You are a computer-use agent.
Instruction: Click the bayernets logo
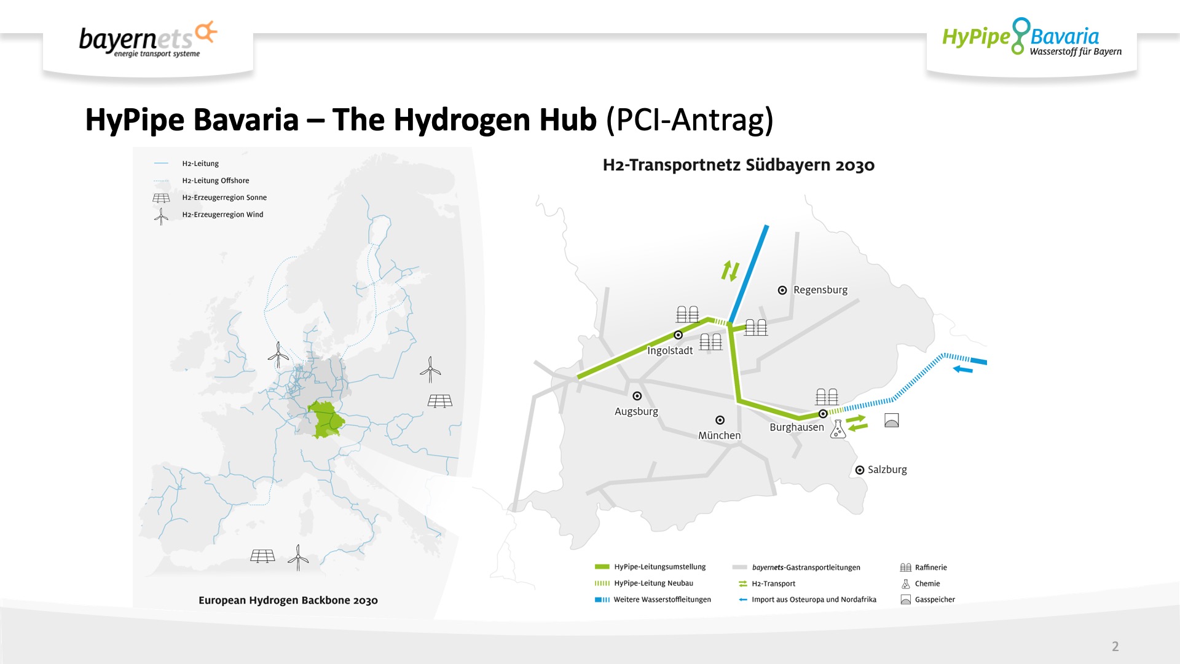click(x=148, y=39)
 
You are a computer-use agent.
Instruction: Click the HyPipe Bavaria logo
click(x=1032, y=37)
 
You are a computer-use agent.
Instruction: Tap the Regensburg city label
click(x=820, y=290)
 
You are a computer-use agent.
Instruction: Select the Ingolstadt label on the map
click(x=669, y=350)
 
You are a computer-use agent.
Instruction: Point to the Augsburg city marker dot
click(x=637, y=396)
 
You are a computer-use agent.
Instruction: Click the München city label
click(x=719, y=435)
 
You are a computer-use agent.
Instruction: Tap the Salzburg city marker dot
click(x=860, y=470)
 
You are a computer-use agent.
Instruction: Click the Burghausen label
click(x=796, y=427)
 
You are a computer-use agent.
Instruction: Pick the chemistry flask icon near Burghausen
click(x=838, y=429)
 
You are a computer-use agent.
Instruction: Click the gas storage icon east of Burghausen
click(x=891, y=420)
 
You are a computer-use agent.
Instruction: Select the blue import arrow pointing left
click(x=962, y=369)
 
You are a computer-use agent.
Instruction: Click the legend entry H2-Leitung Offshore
click(x=216, y=181)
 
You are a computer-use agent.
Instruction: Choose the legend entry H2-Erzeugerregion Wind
click(x=222, y=215)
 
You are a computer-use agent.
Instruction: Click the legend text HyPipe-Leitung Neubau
click(x=653, y=583)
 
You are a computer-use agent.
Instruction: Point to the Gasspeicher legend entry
click(x=935, y=599)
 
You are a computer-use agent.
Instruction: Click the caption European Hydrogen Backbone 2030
click(x=288, y=600)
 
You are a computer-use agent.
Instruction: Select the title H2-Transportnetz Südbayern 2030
click(x=739, y=165)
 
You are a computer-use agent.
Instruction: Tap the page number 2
click(x=1115, y=646)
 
